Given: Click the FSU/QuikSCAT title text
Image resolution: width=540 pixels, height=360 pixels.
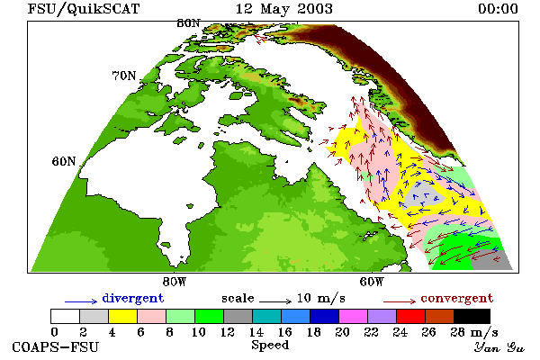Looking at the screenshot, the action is pos(84,9).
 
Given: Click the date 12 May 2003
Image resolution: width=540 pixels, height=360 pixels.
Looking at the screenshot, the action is pos(284,9).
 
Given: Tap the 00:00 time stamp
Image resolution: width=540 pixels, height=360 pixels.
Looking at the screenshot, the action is pos(498,9).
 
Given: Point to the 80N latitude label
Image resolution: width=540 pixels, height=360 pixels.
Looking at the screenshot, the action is pos(188,23).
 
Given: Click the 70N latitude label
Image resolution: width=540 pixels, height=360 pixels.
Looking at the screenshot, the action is pos(124,76).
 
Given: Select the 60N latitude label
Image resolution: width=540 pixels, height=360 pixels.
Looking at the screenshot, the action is pos(64,161).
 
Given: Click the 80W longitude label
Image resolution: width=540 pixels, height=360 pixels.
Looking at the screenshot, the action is pos(175,282).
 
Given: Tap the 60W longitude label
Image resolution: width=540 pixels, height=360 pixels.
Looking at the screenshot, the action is pos(372,282).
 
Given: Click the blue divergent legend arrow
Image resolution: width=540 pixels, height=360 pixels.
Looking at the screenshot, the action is pos(81,301).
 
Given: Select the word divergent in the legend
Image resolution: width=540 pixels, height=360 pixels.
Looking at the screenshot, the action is pos(133,298).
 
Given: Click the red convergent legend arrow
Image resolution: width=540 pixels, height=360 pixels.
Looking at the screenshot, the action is pos(400,301).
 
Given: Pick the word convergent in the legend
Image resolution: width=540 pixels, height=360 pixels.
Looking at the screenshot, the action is pos(457,298).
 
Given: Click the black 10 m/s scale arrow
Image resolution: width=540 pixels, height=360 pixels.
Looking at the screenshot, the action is pos(275,301).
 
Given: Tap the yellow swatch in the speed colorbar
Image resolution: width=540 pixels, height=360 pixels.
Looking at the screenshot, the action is pos(123,316).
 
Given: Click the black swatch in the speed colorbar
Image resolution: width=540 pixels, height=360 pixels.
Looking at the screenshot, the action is pos(472,316).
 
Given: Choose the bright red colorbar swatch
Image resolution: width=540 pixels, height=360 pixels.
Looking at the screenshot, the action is pos(411,316).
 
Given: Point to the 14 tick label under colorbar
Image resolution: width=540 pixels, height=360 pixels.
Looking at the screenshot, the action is pos(256,332).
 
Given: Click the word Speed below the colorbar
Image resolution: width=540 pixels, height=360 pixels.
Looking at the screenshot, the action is pos(270,346).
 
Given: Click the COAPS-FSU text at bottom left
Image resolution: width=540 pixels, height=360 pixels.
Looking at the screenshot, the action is pos(56,346).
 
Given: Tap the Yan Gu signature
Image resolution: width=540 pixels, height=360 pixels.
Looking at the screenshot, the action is pos(499,347).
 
